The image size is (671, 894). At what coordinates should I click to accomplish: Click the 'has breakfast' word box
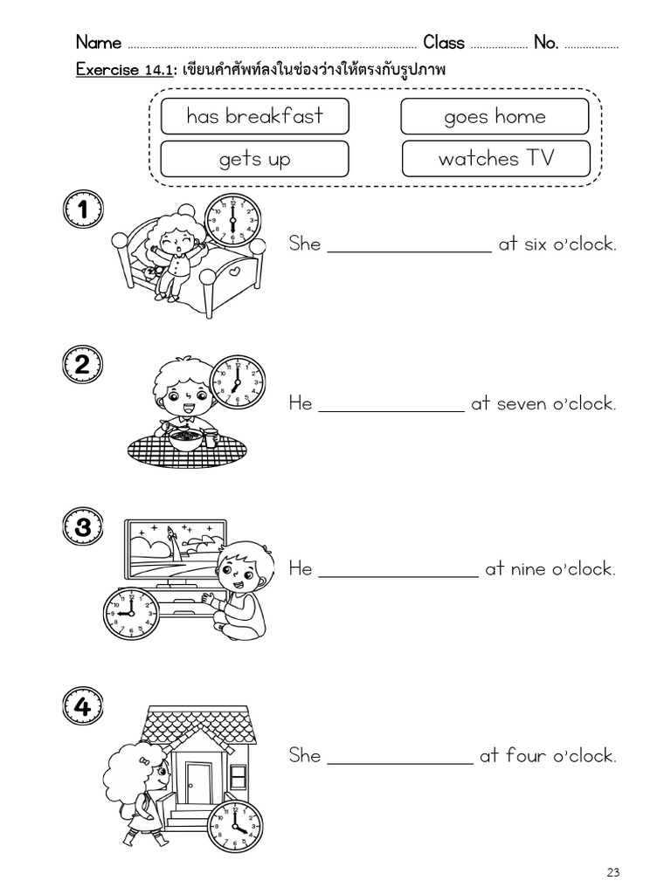254,116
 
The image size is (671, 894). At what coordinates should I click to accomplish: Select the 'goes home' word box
495,117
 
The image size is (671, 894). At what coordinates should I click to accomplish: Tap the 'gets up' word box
254,159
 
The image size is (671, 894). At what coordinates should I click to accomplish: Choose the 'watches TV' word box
495,159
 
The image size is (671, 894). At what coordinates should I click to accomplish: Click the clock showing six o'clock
232,220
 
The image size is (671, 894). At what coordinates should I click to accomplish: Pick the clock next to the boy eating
238,382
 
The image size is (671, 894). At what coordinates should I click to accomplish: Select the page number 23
612,872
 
